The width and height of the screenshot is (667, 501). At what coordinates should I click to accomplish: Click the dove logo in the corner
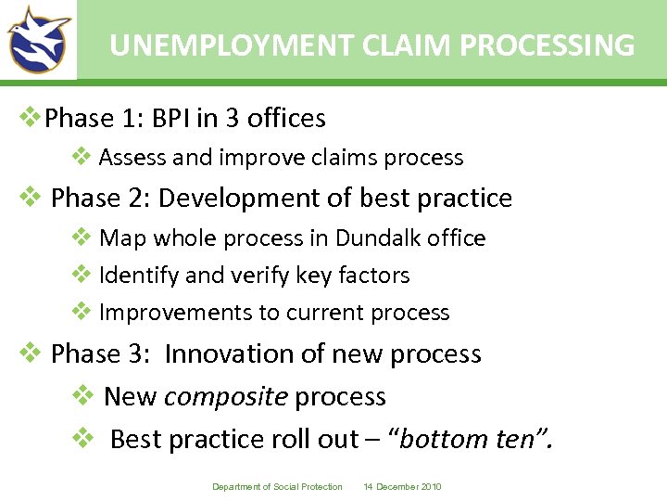pos(38,40)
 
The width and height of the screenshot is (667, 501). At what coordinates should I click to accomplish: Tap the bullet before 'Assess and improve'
pos(82,157)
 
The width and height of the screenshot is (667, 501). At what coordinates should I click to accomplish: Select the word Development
pos(241,199)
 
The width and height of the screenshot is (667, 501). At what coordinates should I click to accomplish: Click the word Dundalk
pos(378,238)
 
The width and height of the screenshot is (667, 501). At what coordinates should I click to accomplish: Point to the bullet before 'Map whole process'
pos(82,238)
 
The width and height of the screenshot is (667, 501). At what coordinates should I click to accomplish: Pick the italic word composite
pos(226,397)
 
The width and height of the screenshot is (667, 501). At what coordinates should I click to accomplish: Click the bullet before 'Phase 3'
pos(31,353)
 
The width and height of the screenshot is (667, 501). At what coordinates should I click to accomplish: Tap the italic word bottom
pos(446,439)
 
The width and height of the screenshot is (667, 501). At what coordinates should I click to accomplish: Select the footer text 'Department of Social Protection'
pos(277,487)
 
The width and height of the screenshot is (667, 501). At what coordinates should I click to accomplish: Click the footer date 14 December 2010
pos(403,487)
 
